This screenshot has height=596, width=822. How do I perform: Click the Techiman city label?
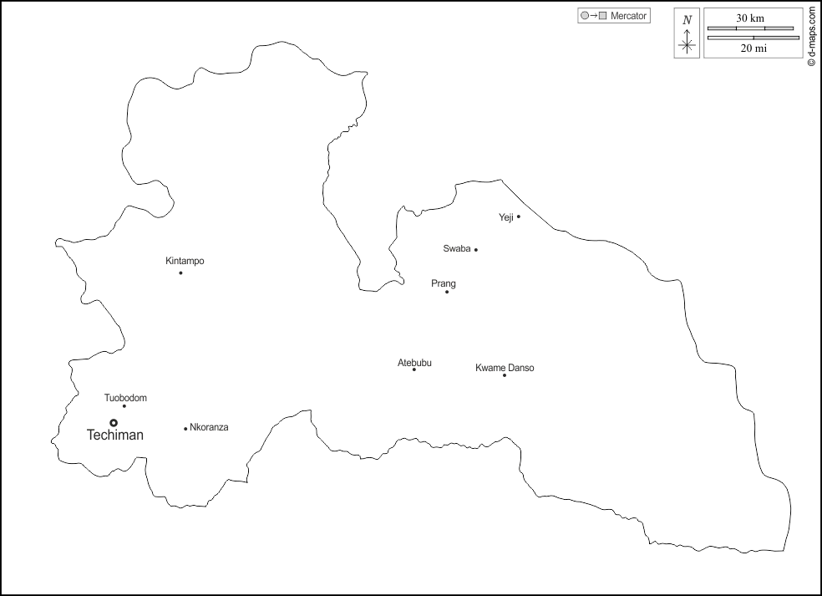(115, 436)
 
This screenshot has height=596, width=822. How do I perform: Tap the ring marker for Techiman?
(114, 422)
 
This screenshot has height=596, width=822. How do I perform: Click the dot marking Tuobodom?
(124, 406)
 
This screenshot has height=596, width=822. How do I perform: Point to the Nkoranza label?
(209, 427)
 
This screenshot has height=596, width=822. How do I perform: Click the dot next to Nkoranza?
(185, 429)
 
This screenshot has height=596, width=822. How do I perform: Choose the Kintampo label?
(185, 261)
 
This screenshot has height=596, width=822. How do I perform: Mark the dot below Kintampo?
(180, 273)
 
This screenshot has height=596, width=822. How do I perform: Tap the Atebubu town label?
(414, 362)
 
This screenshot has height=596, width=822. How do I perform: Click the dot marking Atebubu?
(414, 369)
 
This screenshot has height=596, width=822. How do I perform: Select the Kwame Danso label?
(505, 368)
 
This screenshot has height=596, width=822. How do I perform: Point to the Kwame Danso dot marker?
(505, 375)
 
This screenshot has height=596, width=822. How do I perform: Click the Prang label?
(444, 283)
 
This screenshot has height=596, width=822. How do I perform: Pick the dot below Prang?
(447, 292)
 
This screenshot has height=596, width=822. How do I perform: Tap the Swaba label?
(457, 248)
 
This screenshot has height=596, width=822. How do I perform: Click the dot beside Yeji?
(519, 216)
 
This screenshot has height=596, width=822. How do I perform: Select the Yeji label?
(505, 217)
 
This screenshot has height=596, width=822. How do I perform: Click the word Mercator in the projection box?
(629, 16)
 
